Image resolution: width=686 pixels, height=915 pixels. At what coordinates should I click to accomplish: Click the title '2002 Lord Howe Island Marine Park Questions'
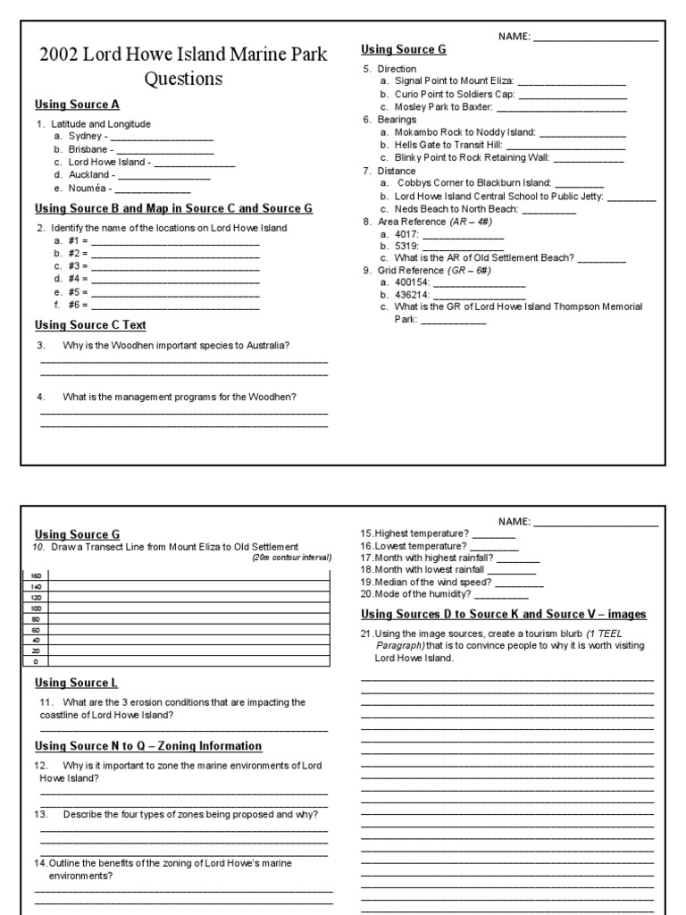183,66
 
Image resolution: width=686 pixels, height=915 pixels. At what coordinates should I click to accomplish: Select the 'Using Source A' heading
77,105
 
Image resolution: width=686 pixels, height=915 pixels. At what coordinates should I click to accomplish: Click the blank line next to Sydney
162,137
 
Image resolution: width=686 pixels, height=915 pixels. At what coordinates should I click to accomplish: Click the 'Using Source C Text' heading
90,325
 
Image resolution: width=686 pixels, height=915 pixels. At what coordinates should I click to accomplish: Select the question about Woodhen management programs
180,397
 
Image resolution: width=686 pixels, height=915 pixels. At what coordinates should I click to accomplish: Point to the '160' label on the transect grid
36,575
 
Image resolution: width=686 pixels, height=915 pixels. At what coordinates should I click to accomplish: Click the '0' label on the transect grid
36,662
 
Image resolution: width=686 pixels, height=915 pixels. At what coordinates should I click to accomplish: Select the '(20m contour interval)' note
291,558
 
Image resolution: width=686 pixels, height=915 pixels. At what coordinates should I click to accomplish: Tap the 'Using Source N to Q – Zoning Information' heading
148,745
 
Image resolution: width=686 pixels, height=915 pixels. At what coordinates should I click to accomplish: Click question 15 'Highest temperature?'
414,533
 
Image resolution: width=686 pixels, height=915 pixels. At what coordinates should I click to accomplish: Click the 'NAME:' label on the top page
514,38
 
